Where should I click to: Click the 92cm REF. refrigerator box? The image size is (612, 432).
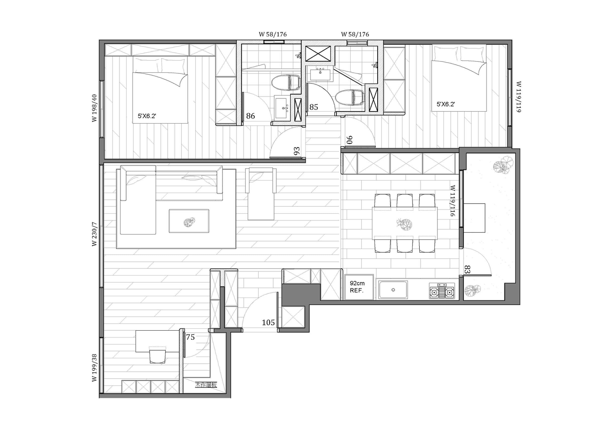(359, 287)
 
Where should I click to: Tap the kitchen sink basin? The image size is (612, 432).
(393, 290)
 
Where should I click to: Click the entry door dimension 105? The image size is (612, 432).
(268, 323)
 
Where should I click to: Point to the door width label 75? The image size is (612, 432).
(190, 337)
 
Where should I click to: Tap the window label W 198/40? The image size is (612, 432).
(94, 108)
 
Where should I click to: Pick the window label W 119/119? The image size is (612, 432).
(519, 97)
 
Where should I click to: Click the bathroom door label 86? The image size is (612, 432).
(251, 116)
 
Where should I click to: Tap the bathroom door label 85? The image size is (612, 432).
(314, 107)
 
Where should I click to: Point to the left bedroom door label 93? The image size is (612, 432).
(297, 151)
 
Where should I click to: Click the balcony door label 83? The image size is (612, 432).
(467, 269)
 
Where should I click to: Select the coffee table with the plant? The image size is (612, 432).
(189, 221)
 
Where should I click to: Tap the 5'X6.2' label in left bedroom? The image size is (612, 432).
(147, 116)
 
